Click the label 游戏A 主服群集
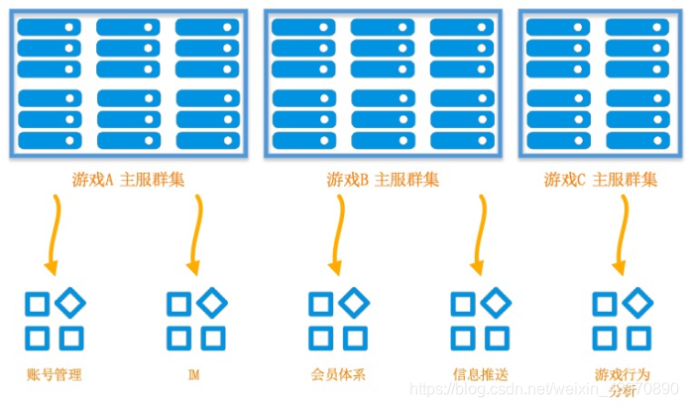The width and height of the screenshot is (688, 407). pos(129,181)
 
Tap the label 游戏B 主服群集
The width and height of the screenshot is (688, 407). pos(383,181)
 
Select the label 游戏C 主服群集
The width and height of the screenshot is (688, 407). pos(601,181)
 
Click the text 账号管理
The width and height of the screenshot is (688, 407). pos(54,376)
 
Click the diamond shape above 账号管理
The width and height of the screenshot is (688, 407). pos(69,302)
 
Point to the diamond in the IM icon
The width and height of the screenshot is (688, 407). pos(211,302)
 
